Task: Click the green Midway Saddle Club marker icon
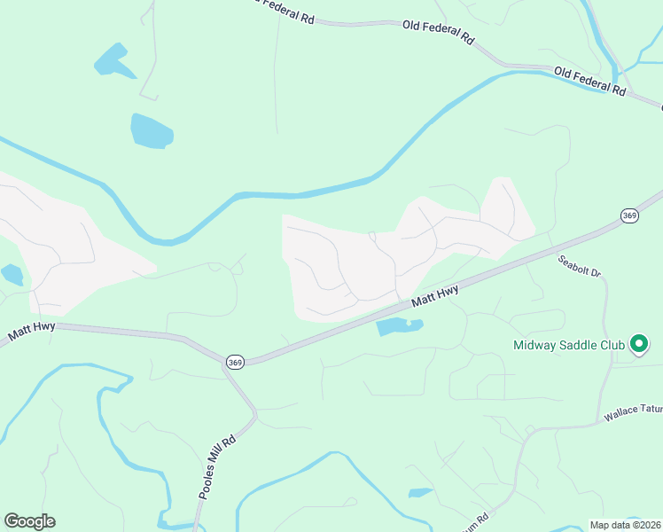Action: click(x=639, y=345)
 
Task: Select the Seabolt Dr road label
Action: click(x=580, y=266)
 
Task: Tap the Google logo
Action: click(x=29, y=521)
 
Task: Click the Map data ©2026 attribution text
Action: click(x=626, y=525)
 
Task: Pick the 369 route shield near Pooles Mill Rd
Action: click(x=235, y=362)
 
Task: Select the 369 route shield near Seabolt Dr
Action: click(x=629, y=215)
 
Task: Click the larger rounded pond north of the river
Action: click(x=152, y=130)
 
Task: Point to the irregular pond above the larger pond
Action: click(x=113, y=60)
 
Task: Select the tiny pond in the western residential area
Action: click(x=12, y=274)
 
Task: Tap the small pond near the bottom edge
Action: click(x=419, y=492)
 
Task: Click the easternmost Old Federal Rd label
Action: click(x=591, y=81)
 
